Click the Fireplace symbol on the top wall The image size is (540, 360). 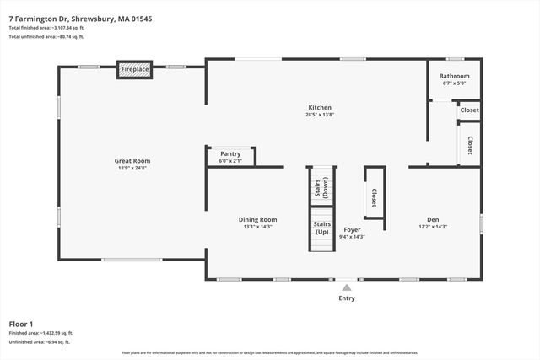click(135, 69)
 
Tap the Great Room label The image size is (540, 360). click(132, 160)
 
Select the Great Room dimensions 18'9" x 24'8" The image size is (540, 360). click(132, 168)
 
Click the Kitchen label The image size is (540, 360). click(320, 107)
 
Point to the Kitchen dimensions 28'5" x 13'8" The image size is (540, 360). click(320, 115)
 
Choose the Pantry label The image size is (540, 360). click(230, 153)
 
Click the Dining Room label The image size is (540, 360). click(257, 219)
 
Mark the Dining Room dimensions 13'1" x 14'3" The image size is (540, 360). click(257, 227)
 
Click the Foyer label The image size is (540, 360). click(352, 229)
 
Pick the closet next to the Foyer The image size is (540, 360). click(374, 197)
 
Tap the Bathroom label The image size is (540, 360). click(454, 77)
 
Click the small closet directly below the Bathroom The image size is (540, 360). click(470, 110)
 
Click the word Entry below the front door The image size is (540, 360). click(347, 298)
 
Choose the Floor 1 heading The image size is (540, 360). click(21, 324)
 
